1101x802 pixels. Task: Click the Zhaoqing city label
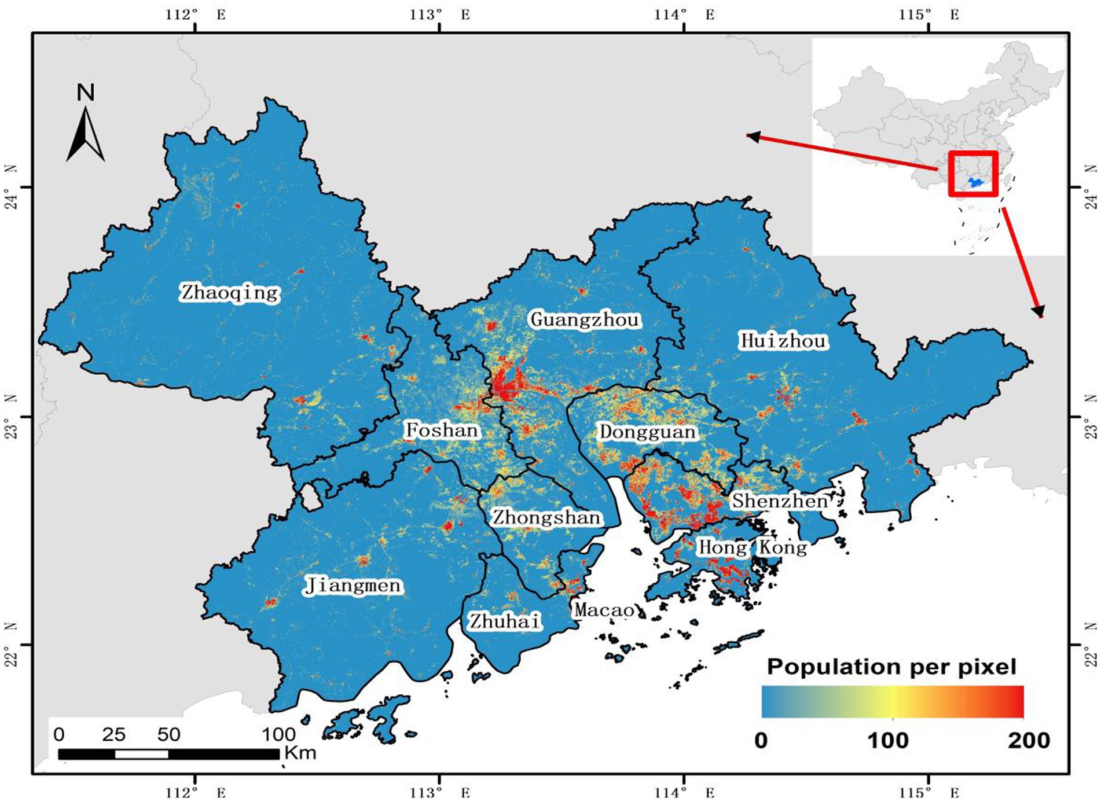click(230, 292)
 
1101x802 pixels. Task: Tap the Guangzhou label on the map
click(585, 319)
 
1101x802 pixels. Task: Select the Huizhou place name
click(783, 341)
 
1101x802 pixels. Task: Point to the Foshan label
click(442, 430)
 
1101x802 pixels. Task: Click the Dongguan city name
click(647, 432)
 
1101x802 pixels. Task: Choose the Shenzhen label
click(780, 501)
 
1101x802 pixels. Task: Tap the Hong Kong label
click(752, 547)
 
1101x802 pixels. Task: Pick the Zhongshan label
click(546, 517)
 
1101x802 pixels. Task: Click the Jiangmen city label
click(353, 586)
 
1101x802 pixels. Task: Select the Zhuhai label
click(505, 621)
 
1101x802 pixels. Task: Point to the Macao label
click(604, 610)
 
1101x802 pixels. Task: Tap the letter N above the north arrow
click(86, 93)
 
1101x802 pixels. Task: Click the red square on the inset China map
click(973, 174)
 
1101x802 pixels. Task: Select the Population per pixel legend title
click(891, 667)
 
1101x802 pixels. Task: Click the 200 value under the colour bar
click(1029, 740)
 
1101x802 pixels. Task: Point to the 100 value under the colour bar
click(888, 740)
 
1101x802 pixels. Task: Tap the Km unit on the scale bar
click(300, 753)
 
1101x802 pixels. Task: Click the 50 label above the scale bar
click(168, 734)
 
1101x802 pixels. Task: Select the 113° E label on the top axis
click(440, 14)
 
